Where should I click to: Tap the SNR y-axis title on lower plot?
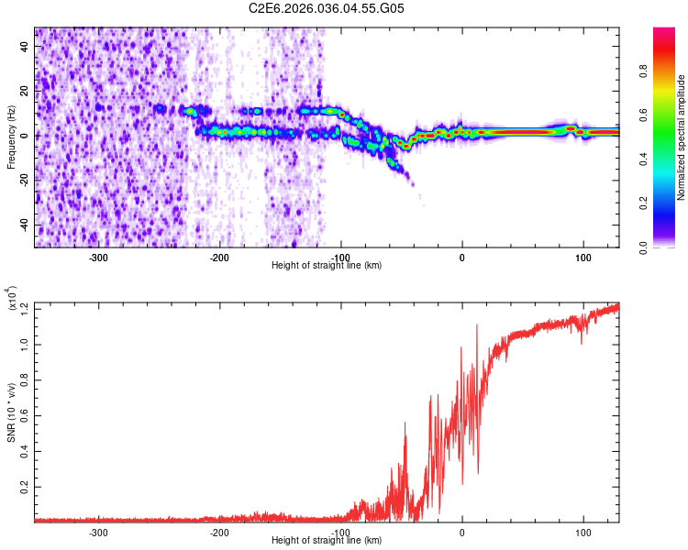click(x=12, y=411)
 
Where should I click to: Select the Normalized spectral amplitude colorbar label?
click(x=682, y=137)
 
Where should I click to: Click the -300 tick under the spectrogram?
click(x=98, y=257)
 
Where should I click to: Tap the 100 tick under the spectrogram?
click(x=583, y=257)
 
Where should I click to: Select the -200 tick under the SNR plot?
click(x=219, y=532)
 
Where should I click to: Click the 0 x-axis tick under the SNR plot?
click(x=461, y=532)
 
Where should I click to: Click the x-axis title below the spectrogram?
click(x=327, y=266)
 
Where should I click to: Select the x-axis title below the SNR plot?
click(x=327, y=541)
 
